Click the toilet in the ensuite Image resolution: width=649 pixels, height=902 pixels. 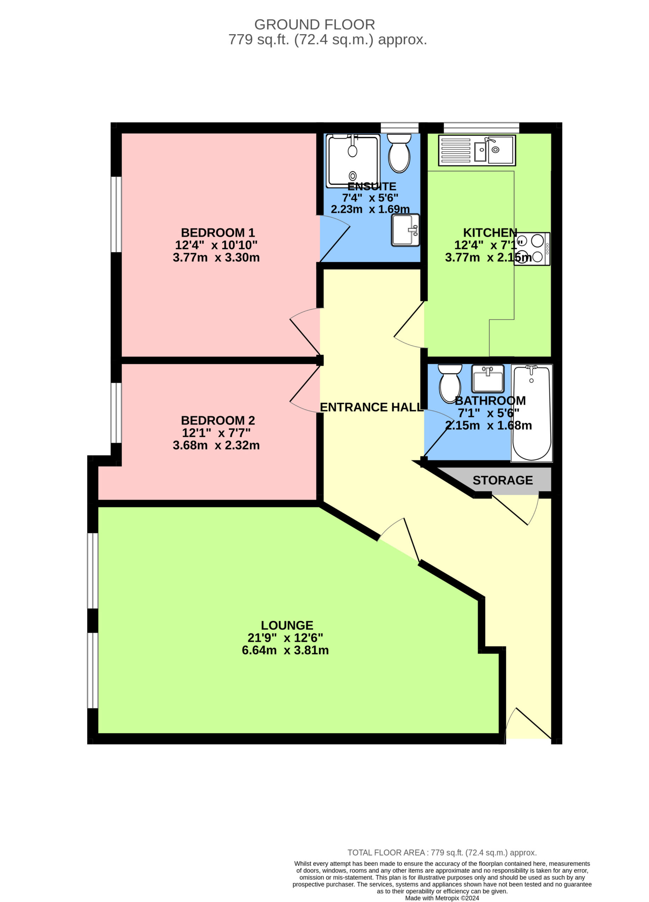coord(399,153)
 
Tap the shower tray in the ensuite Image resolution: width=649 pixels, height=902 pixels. coord(353,160)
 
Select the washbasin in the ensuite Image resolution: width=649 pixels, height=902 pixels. coord(405,230)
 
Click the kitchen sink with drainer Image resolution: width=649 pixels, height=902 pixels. coord(477,150)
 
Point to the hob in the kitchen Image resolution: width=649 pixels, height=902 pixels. coord(532,248)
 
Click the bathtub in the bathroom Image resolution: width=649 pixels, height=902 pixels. coord(532,413)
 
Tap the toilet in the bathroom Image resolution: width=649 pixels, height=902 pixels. coord(450,383)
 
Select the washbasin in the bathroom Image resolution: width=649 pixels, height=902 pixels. coord(488,378)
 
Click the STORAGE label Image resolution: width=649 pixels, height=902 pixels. coord(503,481)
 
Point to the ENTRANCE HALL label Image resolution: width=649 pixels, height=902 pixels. coord(371,407)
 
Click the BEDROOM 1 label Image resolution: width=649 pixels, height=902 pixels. coord(218,233)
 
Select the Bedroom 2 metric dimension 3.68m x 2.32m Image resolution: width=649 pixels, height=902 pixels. coord(216,445)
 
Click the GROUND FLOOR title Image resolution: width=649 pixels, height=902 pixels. coord(314,25)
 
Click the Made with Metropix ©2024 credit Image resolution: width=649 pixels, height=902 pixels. coord(442,898)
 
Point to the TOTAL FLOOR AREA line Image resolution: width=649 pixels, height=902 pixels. coord(442,852)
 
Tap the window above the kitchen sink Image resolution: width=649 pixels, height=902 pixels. coord(482,128)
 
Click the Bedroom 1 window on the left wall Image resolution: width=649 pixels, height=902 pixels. coord(116,214)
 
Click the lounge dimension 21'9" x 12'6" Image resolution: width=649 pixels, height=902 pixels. coord(285,638)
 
